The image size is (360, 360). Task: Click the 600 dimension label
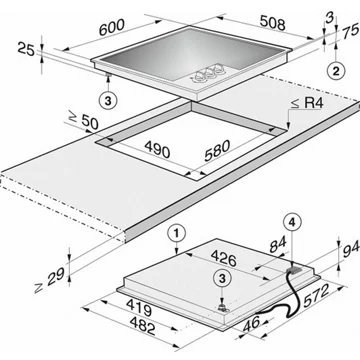(x=112, y=27)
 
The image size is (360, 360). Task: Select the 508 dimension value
(x=273, y=23)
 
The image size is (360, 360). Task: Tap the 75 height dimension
(x=350, y=32)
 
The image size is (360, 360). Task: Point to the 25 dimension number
(x=26, y=50)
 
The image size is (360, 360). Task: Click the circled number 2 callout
(x=336, y=71)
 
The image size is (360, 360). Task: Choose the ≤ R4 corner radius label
(x=307, y=103)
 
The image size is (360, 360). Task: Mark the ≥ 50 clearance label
(x=83, y=120)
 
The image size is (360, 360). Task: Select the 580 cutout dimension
(x=217, y=150)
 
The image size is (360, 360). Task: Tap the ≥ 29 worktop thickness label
(x=49, y=281)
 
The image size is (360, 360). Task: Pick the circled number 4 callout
(x=292, y=223)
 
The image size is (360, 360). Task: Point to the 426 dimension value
(x=224, y=258)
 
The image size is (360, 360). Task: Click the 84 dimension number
(x=277, y=246)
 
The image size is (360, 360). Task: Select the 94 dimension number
(x=350, y=248)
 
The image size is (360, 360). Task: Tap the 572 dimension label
(x=316, y=295)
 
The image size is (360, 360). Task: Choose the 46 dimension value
(x=252, y=324)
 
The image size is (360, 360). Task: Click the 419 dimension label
(x=139, y=308)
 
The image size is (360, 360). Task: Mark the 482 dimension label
(x=142, y=326)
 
